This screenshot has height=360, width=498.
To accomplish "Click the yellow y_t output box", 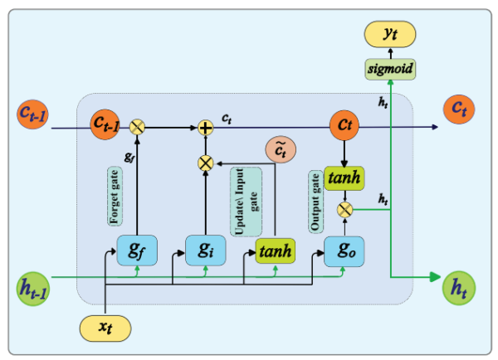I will [390, 34].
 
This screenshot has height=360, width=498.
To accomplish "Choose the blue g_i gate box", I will [203, 249].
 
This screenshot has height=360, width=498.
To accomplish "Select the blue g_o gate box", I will [344, 249].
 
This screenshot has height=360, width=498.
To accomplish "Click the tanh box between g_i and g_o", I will [275, 250].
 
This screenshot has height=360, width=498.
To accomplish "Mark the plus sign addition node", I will [205, 127].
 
